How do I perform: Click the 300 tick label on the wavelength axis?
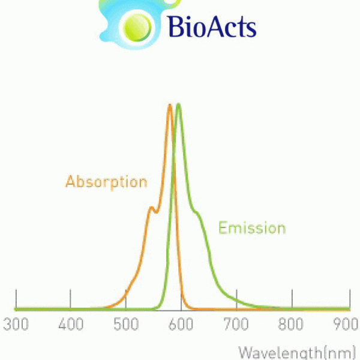(x=16, y=324)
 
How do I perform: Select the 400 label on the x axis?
(x=71, y=324)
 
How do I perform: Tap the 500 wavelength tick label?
(x=126, y=324)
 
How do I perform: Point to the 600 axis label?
(x=181, y=324)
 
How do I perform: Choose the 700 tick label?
(x=236, y=324)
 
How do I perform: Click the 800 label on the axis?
(x=291, y=324)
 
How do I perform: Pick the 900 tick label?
(x=346, y=324)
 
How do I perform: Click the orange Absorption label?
(x=106, y=182)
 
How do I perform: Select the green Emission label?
(x=252, y=228)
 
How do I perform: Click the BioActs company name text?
(x=212, y=26)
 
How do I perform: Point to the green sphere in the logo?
(x=137, y=28)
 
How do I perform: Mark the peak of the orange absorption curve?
(x=170, y=105)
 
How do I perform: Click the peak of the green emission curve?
(x=178, y=104)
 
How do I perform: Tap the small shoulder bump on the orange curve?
(x=151, y=208)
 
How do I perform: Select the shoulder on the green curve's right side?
(x=196, y=212)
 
